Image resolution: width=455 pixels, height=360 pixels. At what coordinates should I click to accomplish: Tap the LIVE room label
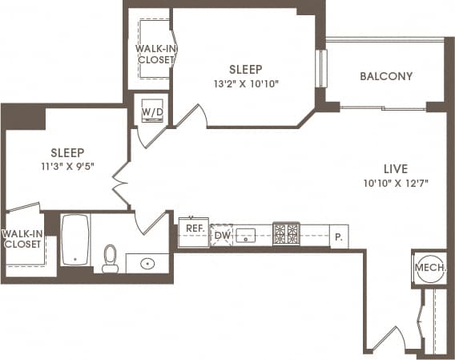(x=396, y=169)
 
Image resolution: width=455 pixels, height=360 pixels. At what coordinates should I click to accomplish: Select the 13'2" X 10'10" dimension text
(x=246, y=83)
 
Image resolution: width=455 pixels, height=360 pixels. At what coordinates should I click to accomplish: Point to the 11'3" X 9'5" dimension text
(x=67, y=167)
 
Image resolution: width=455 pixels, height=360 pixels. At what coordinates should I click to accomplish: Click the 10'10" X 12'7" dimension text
(x=396, y=184)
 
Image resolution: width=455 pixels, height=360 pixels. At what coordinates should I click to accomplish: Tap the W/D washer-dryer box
(x=152, y=111)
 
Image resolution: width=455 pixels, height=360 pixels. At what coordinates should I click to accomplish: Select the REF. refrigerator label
(x=194, y=229)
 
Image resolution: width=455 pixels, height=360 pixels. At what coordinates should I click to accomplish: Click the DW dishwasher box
(x=221, y=236)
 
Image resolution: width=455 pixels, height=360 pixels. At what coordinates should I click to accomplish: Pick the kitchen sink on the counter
(x=248, y=235)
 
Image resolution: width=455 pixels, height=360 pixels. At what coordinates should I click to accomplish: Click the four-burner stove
(x=286, y=233)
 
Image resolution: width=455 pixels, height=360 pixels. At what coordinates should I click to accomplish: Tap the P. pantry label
(x=339, y=237)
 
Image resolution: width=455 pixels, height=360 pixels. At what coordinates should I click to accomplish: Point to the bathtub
(x=76, y=239)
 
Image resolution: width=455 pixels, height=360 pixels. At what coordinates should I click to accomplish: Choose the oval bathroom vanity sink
(x=148, y=262)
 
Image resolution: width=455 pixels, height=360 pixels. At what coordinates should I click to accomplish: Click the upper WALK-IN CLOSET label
(x=154, y=55)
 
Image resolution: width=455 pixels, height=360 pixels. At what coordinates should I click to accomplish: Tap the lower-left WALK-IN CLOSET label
(x=22, y=239)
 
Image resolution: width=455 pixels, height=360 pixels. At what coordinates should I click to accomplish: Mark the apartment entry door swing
(x=395, y=338)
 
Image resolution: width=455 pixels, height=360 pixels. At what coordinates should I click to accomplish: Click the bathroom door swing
(x=151, y=221)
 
